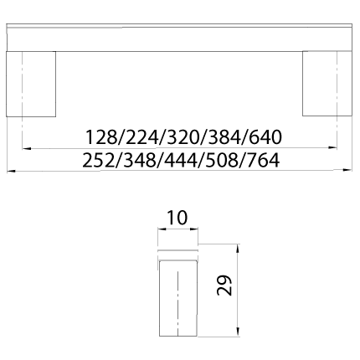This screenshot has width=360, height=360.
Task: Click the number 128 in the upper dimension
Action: coord(100,137)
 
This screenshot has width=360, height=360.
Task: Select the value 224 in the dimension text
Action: coord(141,137)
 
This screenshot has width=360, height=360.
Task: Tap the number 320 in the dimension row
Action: coord(183,137)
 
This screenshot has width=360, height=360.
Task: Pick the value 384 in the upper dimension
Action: coord(224,137)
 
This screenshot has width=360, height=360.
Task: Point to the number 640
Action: coord(265,137)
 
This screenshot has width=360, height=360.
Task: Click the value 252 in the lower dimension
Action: coord(99,160)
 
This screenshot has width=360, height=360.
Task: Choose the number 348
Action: coord(140,160)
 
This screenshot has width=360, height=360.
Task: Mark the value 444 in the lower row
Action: coord(181,160)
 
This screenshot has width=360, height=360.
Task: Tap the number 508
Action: coord(222,160)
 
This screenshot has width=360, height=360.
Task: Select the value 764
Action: coord(263,160)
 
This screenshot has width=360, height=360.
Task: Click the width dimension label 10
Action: coord(177,218)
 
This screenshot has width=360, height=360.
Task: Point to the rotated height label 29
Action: coord(224,285)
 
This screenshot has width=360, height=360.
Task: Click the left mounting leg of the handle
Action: coord(31,84)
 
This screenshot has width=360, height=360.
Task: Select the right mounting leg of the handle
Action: coord(327,83)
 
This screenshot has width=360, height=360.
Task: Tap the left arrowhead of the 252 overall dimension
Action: coord(11,171)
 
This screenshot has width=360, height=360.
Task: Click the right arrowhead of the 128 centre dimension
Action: coord(333,147)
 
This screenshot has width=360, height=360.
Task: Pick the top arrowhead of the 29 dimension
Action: coord(238,249)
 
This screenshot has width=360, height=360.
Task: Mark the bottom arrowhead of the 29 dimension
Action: coord(238,332)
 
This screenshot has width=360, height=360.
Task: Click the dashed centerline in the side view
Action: coord(177,303)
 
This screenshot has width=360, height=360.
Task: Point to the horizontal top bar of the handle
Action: coord(179,38)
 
